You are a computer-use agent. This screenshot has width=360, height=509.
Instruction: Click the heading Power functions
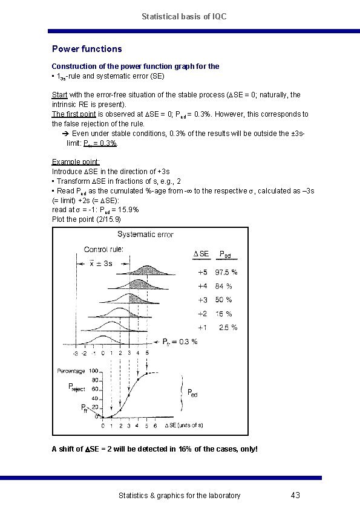pos(87,49)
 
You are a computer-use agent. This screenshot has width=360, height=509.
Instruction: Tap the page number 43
pos(295,496)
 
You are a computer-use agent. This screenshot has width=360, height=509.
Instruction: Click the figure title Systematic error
pos(145,234)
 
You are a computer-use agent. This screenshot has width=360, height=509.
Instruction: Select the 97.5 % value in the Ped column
pos(226,272)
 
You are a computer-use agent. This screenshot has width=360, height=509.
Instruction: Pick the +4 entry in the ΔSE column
pos(202,286)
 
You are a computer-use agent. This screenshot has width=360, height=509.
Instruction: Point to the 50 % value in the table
pos(223,300)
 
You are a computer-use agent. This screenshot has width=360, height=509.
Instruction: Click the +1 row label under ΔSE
pos(202,328)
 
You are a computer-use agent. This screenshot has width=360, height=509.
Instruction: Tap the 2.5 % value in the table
pos(227,328)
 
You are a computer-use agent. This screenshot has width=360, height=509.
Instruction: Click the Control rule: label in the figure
pos(105,249)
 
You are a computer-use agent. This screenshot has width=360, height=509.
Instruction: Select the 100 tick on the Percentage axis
pos(94,371)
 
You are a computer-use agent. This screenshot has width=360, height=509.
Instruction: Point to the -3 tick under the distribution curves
pos(75,352)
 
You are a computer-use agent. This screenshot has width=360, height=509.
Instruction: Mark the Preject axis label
pos(77,389)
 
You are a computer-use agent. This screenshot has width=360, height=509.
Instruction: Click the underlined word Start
pos(59,95)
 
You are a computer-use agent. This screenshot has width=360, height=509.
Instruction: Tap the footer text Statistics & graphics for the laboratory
pos(179,496)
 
